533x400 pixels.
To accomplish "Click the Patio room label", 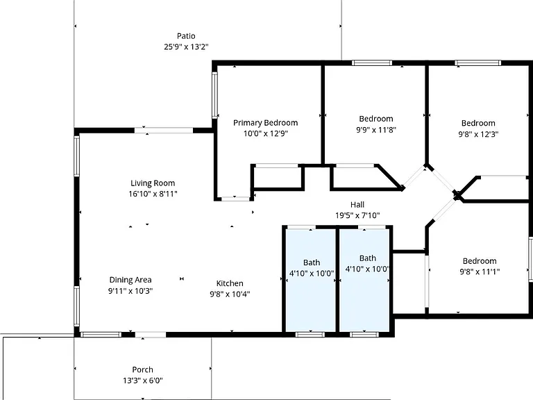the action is pos(186,36).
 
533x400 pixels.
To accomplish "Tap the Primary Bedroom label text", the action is pos(266,123).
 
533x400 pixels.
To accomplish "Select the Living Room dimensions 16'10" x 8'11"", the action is pos(153,194).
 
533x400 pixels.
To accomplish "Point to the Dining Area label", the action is pos(130,280).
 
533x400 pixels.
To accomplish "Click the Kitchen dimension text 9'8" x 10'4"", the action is pos(230,294).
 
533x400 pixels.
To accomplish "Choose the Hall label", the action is pos(357,205).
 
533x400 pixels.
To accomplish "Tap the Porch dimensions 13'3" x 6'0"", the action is pos(143,381).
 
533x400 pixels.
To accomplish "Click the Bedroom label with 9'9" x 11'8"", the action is pos(376,119).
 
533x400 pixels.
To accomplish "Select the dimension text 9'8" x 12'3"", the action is pos(478,134).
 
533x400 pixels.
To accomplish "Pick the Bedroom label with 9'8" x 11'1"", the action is pos(480,261).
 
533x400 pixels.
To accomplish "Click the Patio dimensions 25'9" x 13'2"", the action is pos(186,47).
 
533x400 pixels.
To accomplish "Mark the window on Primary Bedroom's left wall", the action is pos(215,95).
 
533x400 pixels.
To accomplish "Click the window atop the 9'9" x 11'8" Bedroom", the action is pos(372,63).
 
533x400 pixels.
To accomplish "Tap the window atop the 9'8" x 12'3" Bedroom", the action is pos(478,63).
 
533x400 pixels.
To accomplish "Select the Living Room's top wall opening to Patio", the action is pos(164,131).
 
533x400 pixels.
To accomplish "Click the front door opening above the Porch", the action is pos(150,335).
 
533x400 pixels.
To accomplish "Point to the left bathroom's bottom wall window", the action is pos(310,335).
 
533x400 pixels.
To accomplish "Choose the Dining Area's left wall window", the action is pos(77,306).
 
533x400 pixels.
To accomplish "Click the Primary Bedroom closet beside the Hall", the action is pos(278,177).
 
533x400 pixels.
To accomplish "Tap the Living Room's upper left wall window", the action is pos(77,156).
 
